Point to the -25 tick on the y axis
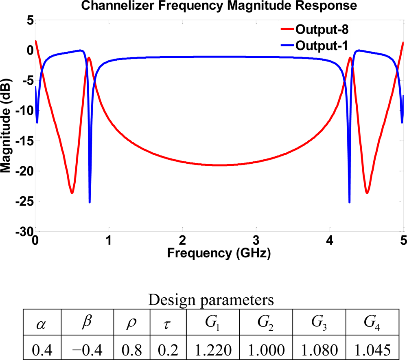(x=24, y=201)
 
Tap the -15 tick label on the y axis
(x=24, y=140)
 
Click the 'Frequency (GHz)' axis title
(x=219, y=253)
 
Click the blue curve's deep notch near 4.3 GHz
(x=349, y=202)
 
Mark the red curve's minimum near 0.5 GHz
(x=72, y=193)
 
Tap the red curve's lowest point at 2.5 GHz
(x=219, y=165)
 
